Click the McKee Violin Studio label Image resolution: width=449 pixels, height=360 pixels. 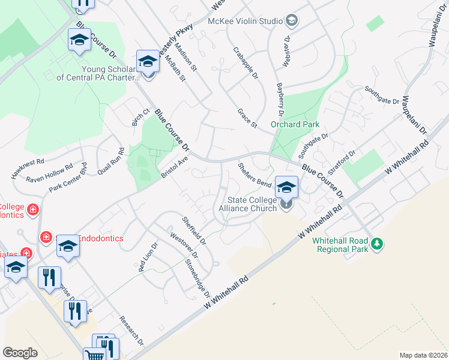[x=245, y=21]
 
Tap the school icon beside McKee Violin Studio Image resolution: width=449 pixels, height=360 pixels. [x=292, y=21]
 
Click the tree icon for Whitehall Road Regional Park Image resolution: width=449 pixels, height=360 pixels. [x=377, y=244]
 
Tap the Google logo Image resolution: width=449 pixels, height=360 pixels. [x=20, y=352]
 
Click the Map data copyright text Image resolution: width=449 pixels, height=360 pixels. [x=423, y=355]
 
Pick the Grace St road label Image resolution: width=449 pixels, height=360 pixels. [x=247, y=118]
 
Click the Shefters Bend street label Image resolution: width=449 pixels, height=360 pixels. [x=255, y=174]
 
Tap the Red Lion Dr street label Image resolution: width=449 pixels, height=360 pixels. [x=148, y=257]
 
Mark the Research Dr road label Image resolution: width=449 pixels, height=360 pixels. [x=131, y=331]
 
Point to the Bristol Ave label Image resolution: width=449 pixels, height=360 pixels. [x=175, y=167]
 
